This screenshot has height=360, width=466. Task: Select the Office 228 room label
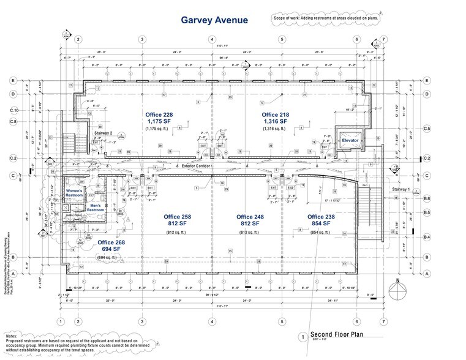tap(159, 114)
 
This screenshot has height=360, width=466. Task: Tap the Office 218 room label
tap(275, 114)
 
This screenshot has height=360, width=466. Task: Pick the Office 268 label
tap(113, 243)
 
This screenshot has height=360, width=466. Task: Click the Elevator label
tap(349, 140)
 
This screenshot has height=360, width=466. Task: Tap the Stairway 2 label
tap(102, 132)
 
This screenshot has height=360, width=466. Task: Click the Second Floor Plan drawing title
tap(337, 334)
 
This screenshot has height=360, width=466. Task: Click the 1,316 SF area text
tap(275, 122)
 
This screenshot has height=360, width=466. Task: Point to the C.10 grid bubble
tap(15, 110)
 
